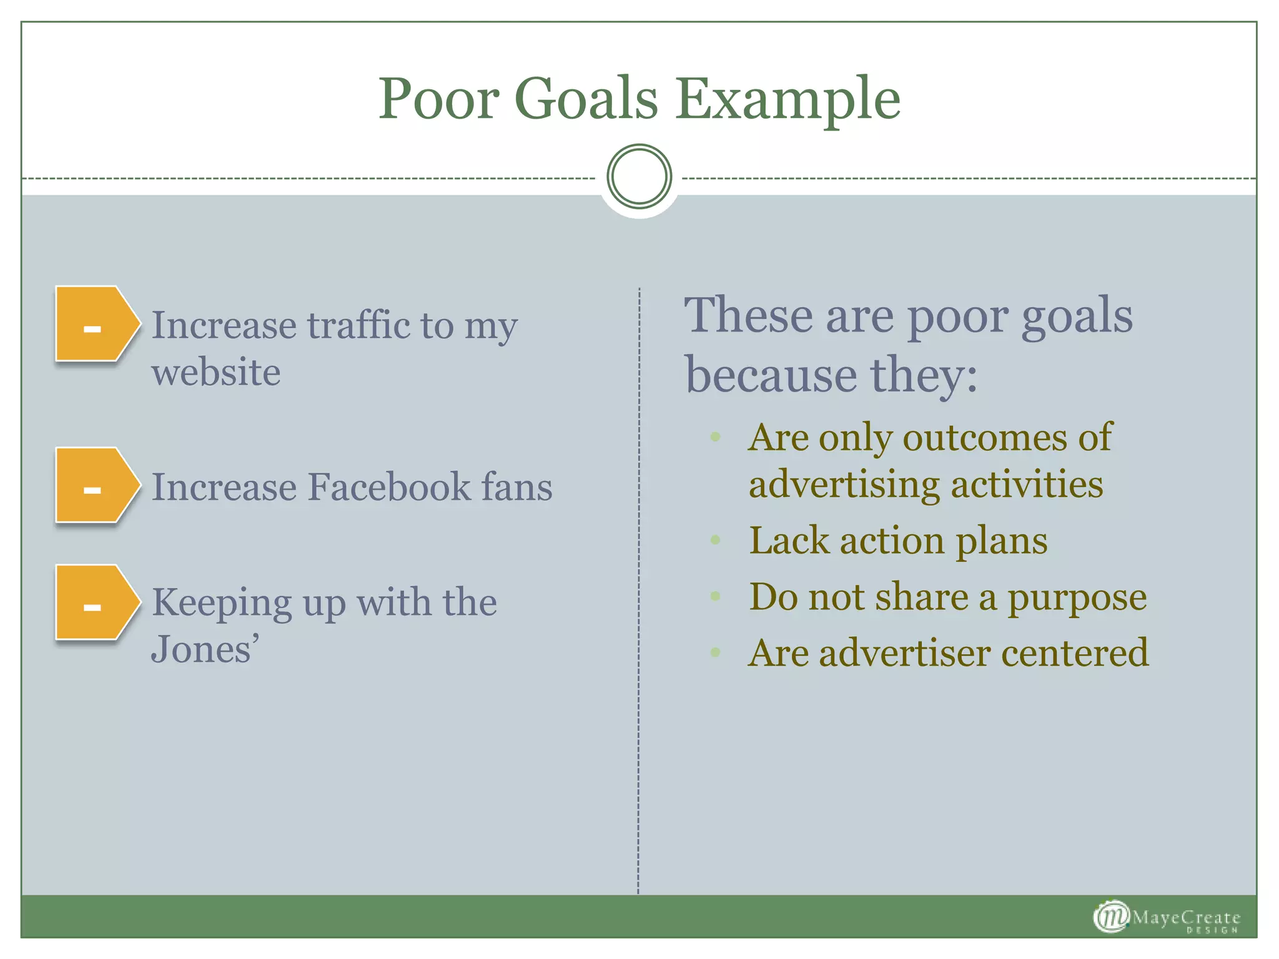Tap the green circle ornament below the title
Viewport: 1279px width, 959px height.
pyautogui.click(x=639, y=177)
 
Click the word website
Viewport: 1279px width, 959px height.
pyautogui.click(x=216, y=373)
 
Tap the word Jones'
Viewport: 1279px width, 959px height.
pyautogui.click(x=205, y=649)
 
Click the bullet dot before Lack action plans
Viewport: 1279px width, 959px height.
pyautogui.click(x=716, y=539)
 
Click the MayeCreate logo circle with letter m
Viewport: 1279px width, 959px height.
pyautogui.click(x=1111, y=917)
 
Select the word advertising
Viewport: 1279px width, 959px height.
pyautogui.click(x=844, y=485)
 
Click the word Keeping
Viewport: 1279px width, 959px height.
pyautogui.click(x=221, y=603)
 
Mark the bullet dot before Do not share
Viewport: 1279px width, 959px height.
pyautogui.click(x=716, y=596)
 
